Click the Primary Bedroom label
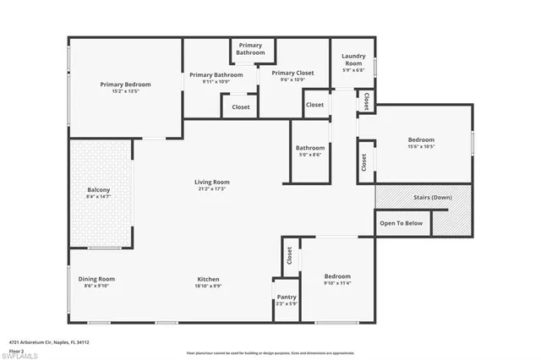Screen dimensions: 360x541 125,84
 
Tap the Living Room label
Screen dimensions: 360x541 212,182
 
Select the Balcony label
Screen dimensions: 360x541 98,190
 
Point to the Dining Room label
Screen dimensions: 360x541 96,279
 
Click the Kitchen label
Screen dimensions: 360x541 209,279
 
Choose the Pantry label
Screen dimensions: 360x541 287,297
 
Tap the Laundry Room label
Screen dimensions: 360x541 352,60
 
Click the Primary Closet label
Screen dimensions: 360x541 292,73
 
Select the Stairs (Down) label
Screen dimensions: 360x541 431,197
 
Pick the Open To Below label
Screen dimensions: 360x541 401,223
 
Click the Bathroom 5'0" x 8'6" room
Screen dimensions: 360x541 310,150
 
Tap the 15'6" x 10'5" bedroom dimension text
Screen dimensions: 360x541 421,147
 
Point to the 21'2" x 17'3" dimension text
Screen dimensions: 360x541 212,189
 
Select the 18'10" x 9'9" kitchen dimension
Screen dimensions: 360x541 209,286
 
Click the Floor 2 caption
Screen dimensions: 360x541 16,350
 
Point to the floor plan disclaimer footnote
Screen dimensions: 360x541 270,352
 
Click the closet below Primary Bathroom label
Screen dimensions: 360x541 241,107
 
